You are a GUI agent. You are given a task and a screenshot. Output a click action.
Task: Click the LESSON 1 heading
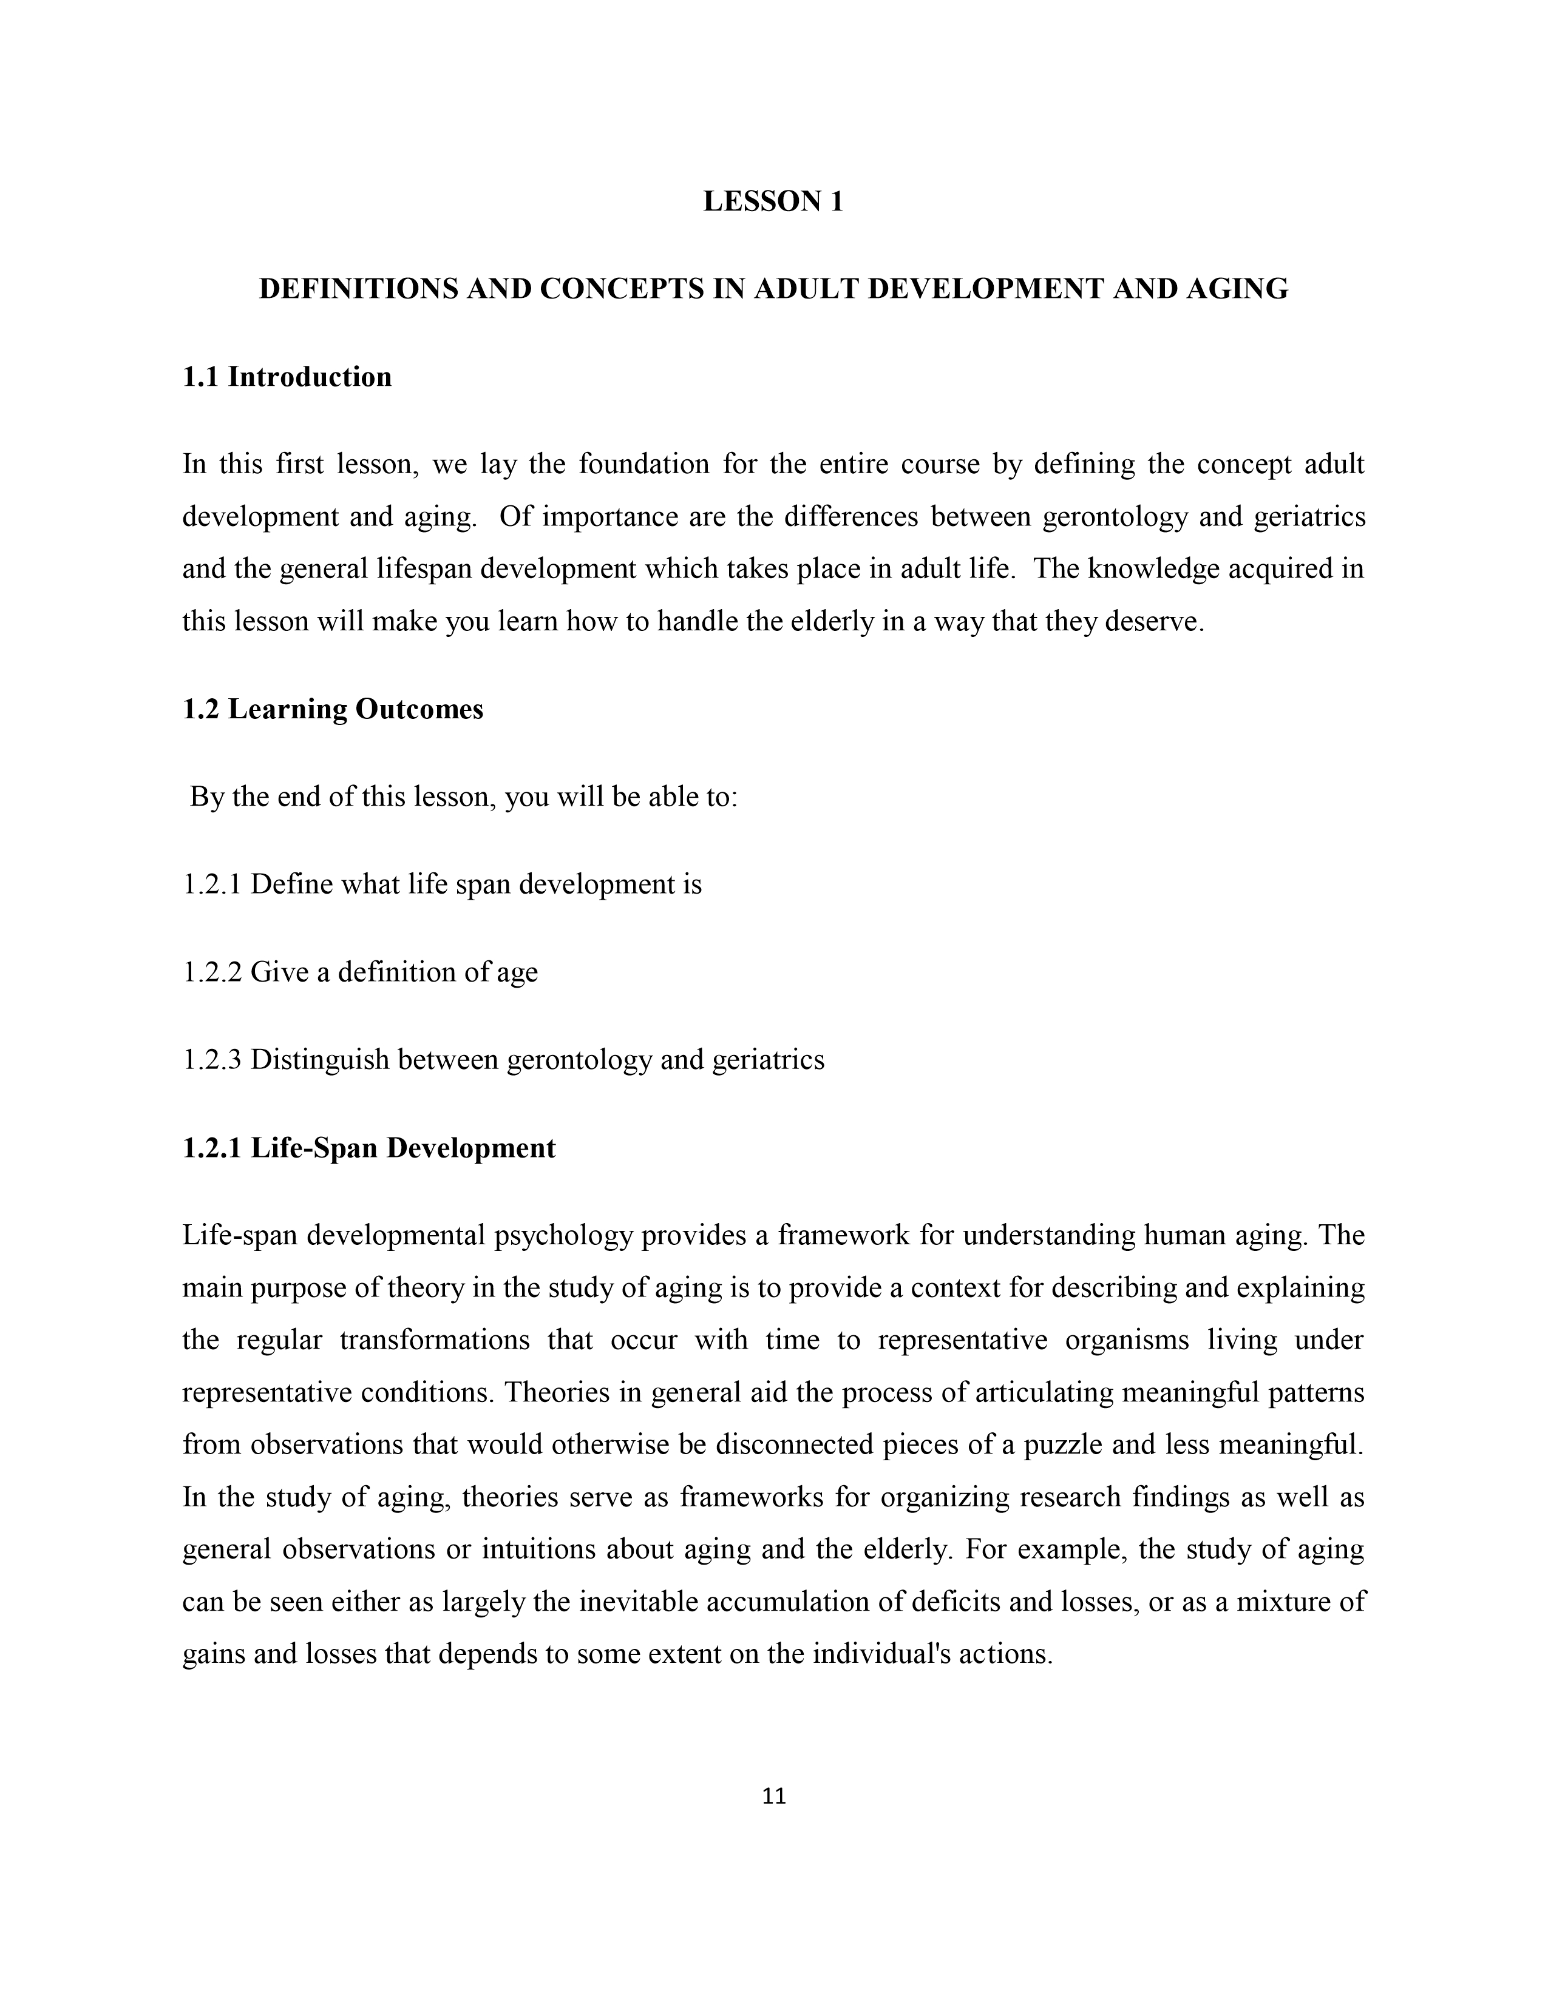pyautogui.click(x=773, y=201)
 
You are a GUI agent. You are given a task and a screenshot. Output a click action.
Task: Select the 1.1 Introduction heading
pyautogui.click(x=287, y=377)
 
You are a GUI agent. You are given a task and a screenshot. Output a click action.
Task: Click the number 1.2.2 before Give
pyautogui.click(x=212, y=972)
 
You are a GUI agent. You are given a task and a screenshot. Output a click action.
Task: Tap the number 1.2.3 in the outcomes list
pyautogui.click(x=212, y=1060)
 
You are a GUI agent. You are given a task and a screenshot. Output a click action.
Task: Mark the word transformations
pyautogui.click(x=435, y=1340)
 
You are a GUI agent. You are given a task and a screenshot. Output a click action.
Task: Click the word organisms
pyautogui.click(x=1127, y=1340)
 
